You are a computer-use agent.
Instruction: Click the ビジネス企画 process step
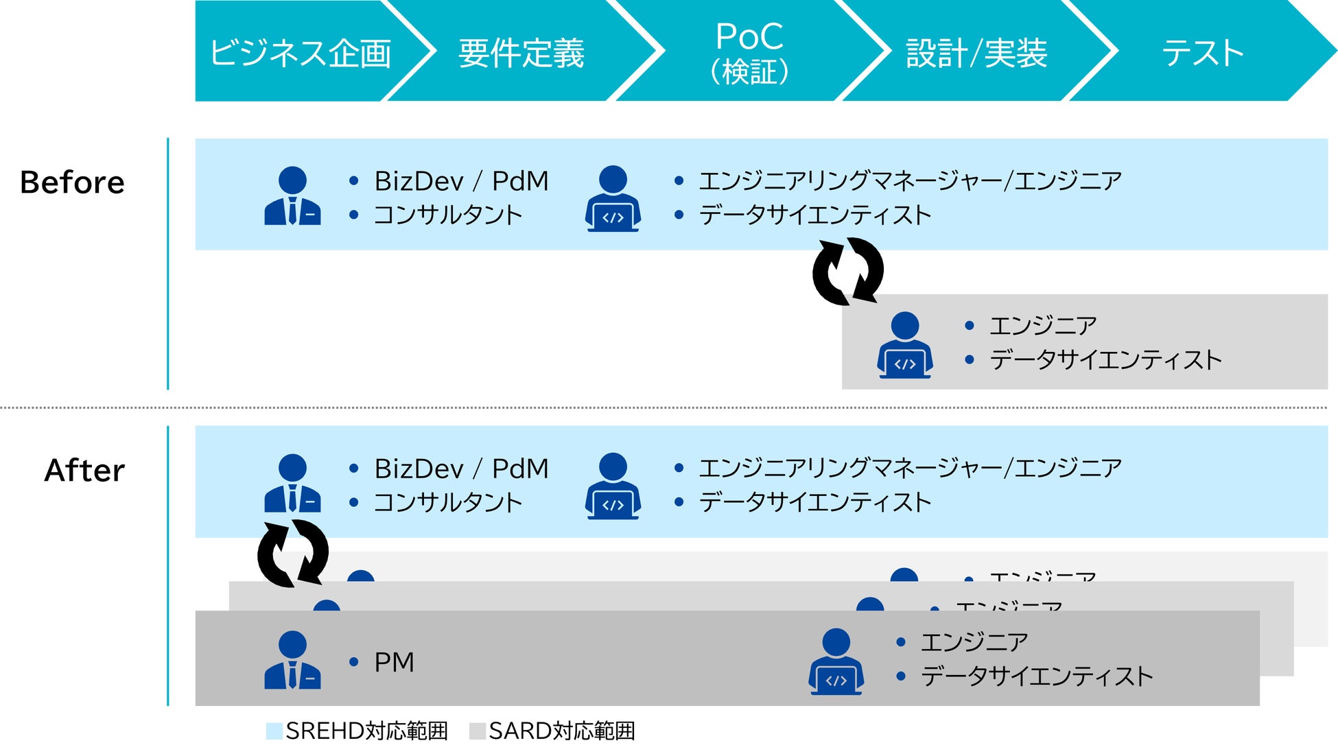tap(301, 53)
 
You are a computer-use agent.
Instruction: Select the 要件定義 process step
tap(521, 53)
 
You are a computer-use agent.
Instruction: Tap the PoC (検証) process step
tap(749, 53)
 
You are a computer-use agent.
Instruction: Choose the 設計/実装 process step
tap(976, 53)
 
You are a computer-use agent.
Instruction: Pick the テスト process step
tap(1203, 53)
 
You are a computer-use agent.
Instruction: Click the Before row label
tap(73, 182)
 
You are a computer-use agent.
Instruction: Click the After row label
tap(84, 471)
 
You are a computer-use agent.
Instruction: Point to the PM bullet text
tap(394, 663)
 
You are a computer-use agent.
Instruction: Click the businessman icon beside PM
tap(292, 660)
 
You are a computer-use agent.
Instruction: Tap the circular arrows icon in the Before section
tap(848, 271)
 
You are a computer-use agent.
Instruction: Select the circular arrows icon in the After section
tap(293, 553)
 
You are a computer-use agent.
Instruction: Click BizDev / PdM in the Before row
tap(461, 181)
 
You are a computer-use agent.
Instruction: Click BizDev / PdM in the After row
tap(461, 469)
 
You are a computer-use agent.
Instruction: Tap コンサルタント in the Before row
tap(448, 215)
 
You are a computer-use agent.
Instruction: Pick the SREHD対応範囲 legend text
tap(366, 731)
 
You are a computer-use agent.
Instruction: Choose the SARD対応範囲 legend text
tap(561, 731)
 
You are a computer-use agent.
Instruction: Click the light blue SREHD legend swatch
tap(274, 731)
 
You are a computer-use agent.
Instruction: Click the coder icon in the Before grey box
tap(904, 345)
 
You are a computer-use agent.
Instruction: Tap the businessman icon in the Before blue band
tap(292, 196)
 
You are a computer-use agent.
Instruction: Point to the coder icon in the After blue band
tap(613, 486)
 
